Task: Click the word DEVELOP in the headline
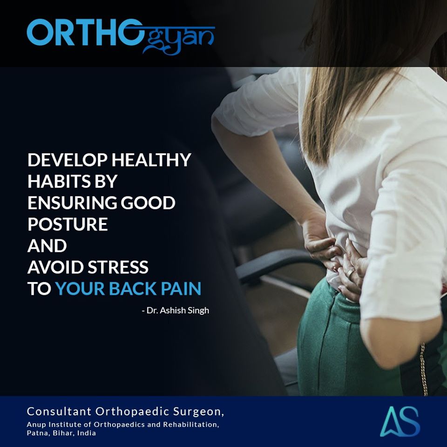(68, 160)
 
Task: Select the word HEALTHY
(151, 160)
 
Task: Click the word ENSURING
(72, 203)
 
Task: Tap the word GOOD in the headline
(148, 203)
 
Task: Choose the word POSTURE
(68, 224)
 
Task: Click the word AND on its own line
(47, 245)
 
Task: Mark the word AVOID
(55, 267)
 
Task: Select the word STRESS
(118, 267)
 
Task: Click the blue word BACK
(133, 289)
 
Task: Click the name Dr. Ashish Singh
(177, 310)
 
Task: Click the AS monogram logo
(400, 422)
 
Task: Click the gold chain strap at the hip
(424, 369)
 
